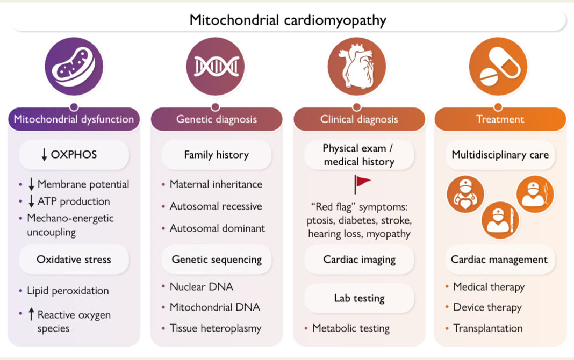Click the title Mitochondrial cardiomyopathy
click(x=288, y=20)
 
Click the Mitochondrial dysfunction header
click(x=74, y=119)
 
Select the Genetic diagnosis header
click(x=216, y=119)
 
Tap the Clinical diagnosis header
click(x=359, y=119)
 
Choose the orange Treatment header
click(x=500, y=119)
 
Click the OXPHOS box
click(x=74, y=155)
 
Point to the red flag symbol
click(x=362, y=183)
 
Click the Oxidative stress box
click(x=74, y=259)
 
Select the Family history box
click(x=216, y=155)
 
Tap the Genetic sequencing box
click(x=216, y=259)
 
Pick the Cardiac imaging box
click(x=359, y=260)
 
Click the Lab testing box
click(x=359, y=298)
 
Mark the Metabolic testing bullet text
click(x=350, y=328)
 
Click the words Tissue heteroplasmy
click(x=215, y=328)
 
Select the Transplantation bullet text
click(x=488, y=328)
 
